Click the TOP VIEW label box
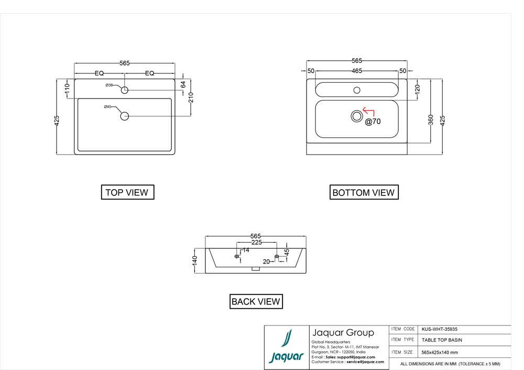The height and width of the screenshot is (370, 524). click(127, 192)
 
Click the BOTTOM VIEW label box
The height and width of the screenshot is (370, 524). click(364, 193)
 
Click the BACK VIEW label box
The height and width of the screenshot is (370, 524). click(256, 301)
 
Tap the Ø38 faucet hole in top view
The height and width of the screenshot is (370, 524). click(125, 90)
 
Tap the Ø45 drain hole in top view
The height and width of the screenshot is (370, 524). click(125, 116)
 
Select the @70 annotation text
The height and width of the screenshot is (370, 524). click(373, 122)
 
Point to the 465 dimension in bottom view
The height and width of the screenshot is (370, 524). click(357, 70)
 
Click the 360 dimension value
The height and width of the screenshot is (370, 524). click(430, 119)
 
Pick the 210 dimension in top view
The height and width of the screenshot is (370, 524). click(191, 97)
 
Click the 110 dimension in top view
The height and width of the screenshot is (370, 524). click(67, 89)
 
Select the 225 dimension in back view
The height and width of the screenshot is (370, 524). click(256, 243)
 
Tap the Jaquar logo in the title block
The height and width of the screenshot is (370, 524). click(286, 347)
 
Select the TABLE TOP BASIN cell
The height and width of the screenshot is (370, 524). click(442, 340)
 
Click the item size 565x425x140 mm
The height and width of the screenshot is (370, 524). click(440, 352)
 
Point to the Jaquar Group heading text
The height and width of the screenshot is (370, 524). click(343, 333)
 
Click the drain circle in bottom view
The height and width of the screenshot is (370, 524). click(357, 116)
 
